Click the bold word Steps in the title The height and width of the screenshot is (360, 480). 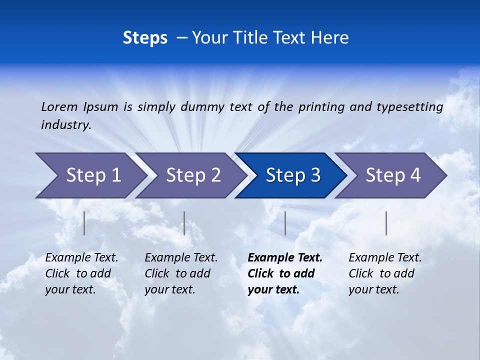(x=145, y=38)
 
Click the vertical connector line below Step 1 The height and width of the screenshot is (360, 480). (x=84, y=223)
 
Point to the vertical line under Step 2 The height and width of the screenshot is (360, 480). (x=184, y=223)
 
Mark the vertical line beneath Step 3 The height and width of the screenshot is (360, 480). (x=285, y=223)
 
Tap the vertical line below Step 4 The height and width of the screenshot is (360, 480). (x=386, y=223)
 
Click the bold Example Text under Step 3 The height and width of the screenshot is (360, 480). (x=285, y=258)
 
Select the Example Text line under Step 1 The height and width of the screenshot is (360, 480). (x=81, y=258)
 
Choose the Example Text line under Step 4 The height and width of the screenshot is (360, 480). (x=385, y=258)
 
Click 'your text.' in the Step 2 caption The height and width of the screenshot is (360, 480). (x=169, y=289)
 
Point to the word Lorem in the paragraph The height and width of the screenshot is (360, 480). (x=59, y=106)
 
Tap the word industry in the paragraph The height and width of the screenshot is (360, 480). (x=65, y=125)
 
